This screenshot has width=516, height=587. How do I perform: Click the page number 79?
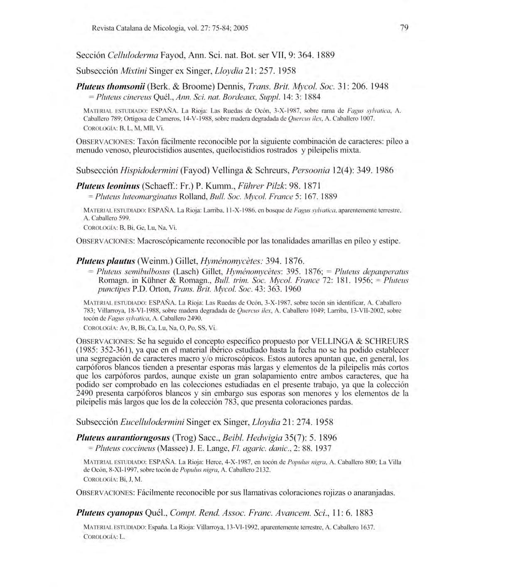[x=404, y=28]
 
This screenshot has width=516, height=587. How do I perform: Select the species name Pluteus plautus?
[x=106, y=261]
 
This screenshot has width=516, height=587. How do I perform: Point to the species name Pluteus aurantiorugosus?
[x=123, y=438]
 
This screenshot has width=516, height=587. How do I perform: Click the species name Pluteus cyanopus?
[x=110, y=513]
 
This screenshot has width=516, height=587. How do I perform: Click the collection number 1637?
[x=366, y=527]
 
